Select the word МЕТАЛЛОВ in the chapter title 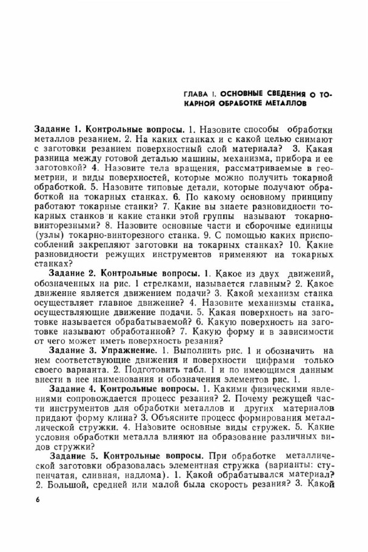tap(281, 104)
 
